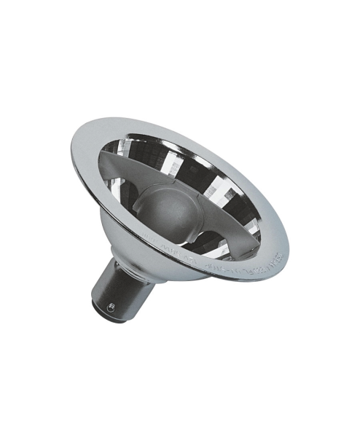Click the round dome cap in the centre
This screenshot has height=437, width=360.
[171, 211]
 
